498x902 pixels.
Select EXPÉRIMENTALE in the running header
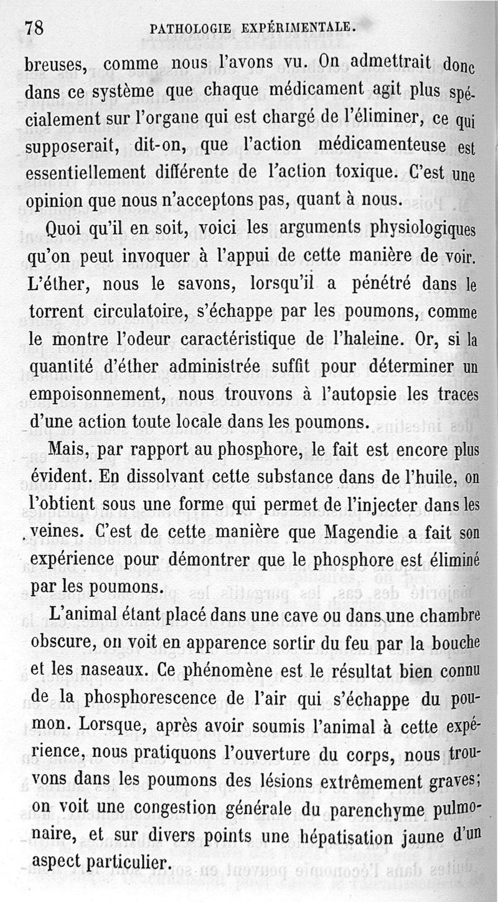[x=293, y=27]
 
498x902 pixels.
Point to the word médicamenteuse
[x=381, y=145]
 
